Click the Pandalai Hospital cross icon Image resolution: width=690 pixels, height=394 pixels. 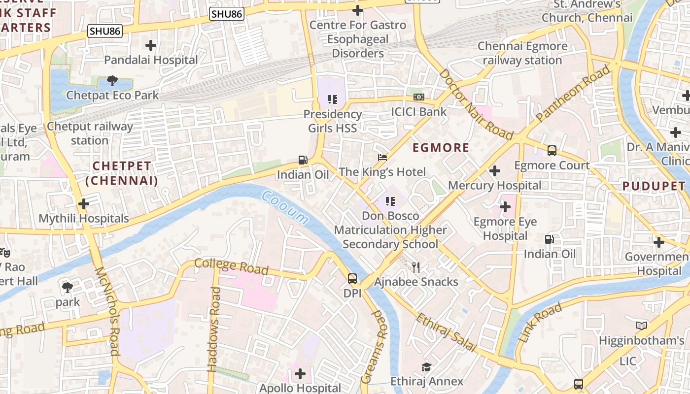[x=151, y=46]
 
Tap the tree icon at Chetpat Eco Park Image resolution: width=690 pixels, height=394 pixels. [x=112, y=81]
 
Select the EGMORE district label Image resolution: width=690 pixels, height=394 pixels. [x=441, y=148]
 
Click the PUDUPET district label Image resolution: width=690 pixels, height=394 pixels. [x=654, y=186]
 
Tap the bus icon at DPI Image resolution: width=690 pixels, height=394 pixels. [x=352, y=279]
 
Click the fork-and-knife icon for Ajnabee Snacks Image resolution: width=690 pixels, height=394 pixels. [x=416, y=267]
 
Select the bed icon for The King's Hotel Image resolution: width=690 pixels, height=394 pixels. [x=382, y=158]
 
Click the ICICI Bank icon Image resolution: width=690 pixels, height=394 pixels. [x=419, y=97]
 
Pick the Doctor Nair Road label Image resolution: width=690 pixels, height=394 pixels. [x=476, y=105]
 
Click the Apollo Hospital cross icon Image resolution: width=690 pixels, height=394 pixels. [x=300, y=374]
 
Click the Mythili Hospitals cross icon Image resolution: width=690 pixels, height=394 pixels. [x=84, y=203]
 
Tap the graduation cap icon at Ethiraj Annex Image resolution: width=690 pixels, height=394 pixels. [x=426, y=367]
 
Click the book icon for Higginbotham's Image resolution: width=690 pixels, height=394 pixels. [x=641, y=326]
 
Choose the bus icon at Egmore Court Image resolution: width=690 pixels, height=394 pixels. [x=552, y=151]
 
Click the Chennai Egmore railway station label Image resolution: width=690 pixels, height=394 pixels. [x=522, y=53]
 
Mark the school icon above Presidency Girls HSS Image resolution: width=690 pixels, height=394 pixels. [x=333, y=99]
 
